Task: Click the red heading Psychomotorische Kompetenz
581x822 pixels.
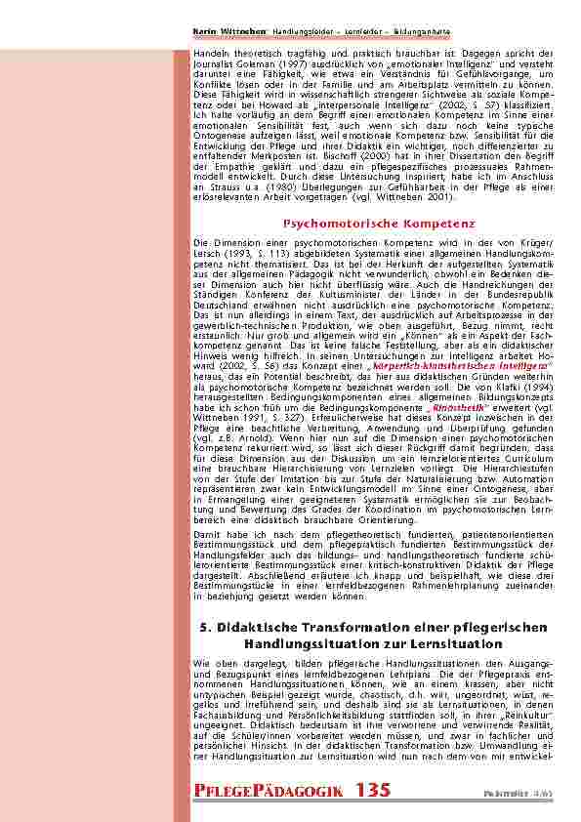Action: (x=379, y=224)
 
